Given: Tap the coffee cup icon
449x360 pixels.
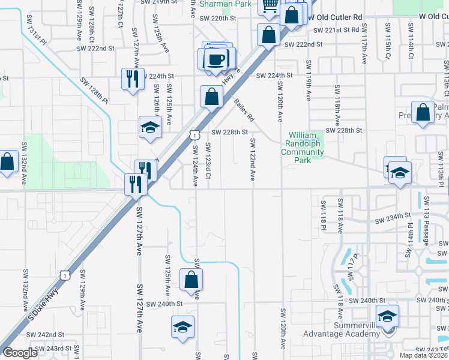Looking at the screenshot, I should (215, 59).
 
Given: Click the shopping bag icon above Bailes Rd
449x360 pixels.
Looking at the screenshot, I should (211, 96).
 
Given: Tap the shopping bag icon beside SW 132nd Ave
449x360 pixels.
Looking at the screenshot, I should (7, 162).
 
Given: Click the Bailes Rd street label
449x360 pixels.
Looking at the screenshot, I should (244, 110).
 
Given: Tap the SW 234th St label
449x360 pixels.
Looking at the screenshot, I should (393, 215).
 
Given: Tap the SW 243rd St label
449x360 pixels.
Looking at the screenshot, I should (53, 349).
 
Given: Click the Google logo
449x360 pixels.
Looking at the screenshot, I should (20, 353).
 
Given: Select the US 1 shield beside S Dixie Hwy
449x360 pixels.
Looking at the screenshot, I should (65, 274).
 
